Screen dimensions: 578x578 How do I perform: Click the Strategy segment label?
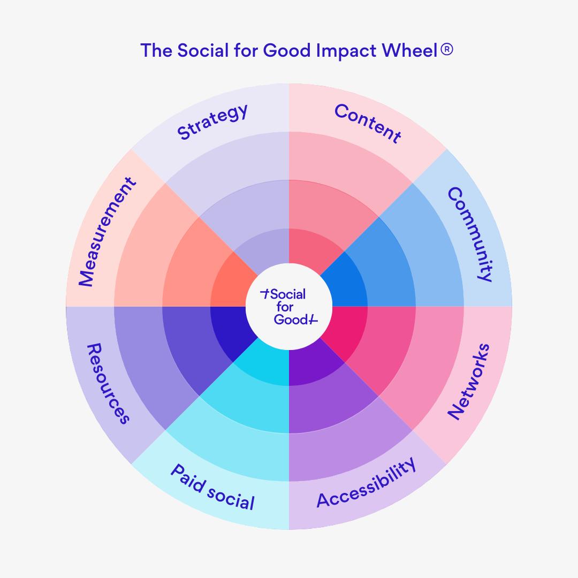pyautogui.click(x=212, y=121)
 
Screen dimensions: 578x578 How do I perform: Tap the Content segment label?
pyautogui.click(x=368, y=123)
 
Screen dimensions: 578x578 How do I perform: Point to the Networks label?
pyautogui.click(x=469, y=381)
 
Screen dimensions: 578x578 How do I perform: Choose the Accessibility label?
pyautogui.click(x=367, y=483)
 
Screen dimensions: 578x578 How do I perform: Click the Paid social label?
pyautogui.click(x=212, y=488)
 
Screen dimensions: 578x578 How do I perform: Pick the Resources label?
pyautogui.click(x=108, y=384)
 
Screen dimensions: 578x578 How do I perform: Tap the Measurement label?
pyautogui.click(x=107, y=232)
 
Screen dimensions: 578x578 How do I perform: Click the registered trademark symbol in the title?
pyautogui.click(x=446, y=49)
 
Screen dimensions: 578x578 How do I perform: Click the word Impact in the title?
pyautogui.click(x=346, y=51)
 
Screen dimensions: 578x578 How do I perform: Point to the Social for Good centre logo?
pyautogui.click(x=289, y=307)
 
